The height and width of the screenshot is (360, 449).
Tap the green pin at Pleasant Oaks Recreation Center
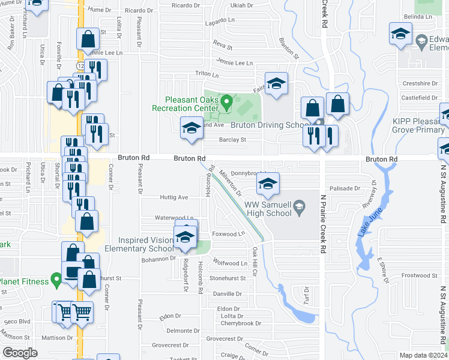tap(226, 103)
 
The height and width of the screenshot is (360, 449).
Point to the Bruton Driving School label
tap(269, 125)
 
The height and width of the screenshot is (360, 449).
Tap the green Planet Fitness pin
tap(56, 278)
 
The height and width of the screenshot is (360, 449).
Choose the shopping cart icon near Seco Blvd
tap(81, 311)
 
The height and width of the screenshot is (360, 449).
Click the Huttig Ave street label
tap(174, 197)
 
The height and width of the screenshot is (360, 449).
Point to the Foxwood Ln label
tap(229, 233)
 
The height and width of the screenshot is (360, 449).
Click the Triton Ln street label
tap(208, 74)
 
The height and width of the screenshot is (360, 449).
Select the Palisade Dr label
tap(345, 188)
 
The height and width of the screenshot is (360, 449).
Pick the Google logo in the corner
tap(20, 353)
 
